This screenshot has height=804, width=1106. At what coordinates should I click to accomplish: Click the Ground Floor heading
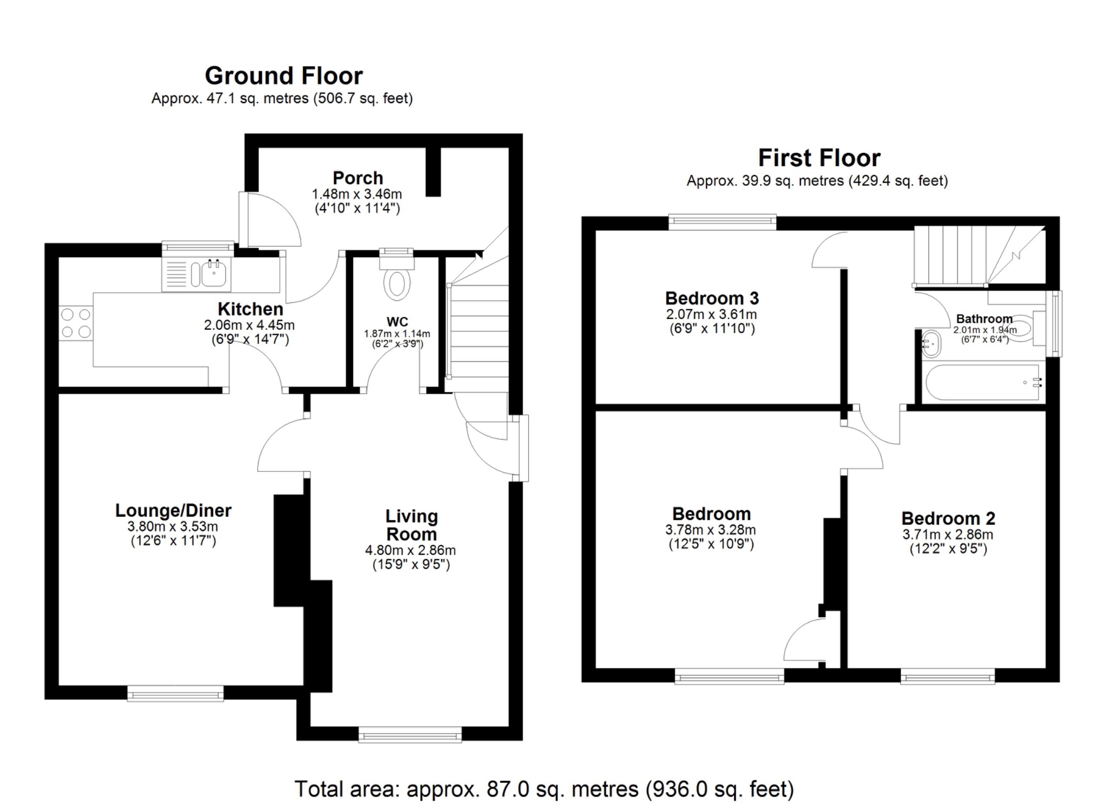[284, 76]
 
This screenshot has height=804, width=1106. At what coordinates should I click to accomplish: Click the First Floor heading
[819, 158]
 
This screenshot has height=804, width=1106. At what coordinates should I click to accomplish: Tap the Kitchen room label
[250, 309]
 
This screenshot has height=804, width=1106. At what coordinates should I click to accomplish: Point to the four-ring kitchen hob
[76, 323]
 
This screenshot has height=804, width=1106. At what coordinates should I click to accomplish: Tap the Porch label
[358, 178]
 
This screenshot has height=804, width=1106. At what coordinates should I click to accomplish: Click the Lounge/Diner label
[173, 510]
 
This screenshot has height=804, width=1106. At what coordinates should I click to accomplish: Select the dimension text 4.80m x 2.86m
[410, 550]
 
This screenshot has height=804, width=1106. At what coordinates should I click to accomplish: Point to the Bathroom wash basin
[930, 344]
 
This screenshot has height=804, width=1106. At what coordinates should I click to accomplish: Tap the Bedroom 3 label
[712, 298]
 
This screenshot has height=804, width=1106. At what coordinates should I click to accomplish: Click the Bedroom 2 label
[948, 518]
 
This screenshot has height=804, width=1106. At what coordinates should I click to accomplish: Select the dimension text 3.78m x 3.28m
[710, 530]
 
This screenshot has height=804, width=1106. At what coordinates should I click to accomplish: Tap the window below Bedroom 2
[947, 676]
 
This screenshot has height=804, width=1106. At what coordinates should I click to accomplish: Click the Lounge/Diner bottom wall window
[176, 693]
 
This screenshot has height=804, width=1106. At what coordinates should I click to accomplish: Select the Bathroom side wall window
[1054, 324]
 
